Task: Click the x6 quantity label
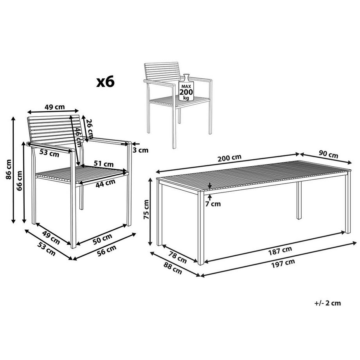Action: (105, 82)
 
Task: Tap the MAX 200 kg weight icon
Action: (186, 88)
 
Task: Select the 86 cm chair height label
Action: (9, 169)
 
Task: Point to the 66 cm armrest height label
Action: (20, 181)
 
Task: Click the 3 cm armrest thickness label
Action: (140, 150)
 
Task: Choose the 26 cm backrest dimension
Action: (89, 128)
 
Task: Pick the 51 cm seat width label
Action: (104, 164)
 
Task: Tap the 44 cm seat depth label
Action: (105, 184)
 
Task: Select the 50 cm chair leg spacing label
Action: (103, 239)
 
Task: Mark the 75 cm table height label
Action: (146, 209)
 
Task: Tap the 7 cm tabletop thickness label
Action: (213, 203)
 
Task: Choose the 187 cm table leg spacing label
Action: (280, 251)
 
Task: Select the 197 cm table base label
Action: (283, 264)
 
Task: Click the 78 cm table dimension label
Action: (178, 257)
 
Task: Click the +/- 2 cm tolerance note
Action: (328, 303)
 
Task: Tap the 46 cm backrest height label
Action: (79, 137)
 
